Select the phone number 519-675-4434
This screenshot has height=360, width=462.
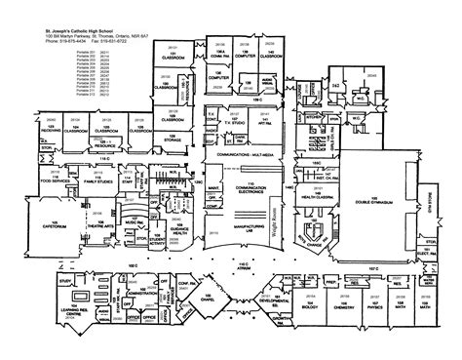(x=60, y=42)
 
